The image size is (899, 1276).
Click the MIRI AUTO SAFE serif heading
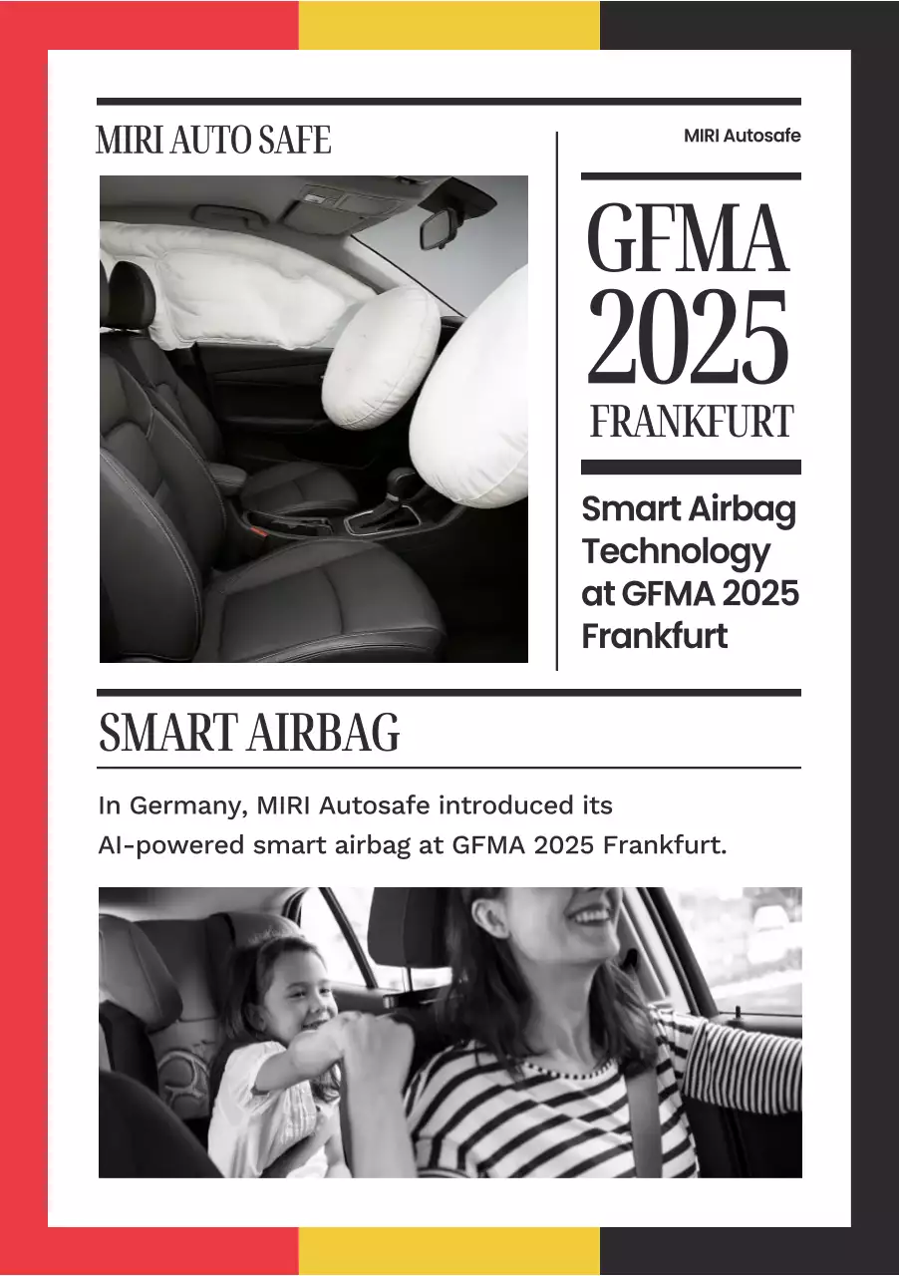point(213,141)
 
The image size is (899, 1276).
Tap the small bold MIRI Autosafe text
point(742,136)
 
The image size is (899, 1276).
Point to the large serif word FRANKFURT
point(691,423)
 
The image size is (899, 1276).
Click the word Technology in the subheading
point(676,551)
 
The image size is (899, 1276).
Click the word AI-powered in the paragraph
point(170,846)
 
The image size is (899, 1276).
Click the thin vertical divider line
point(556,399)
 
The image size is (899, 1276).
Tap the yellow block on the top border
point(449,24)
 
